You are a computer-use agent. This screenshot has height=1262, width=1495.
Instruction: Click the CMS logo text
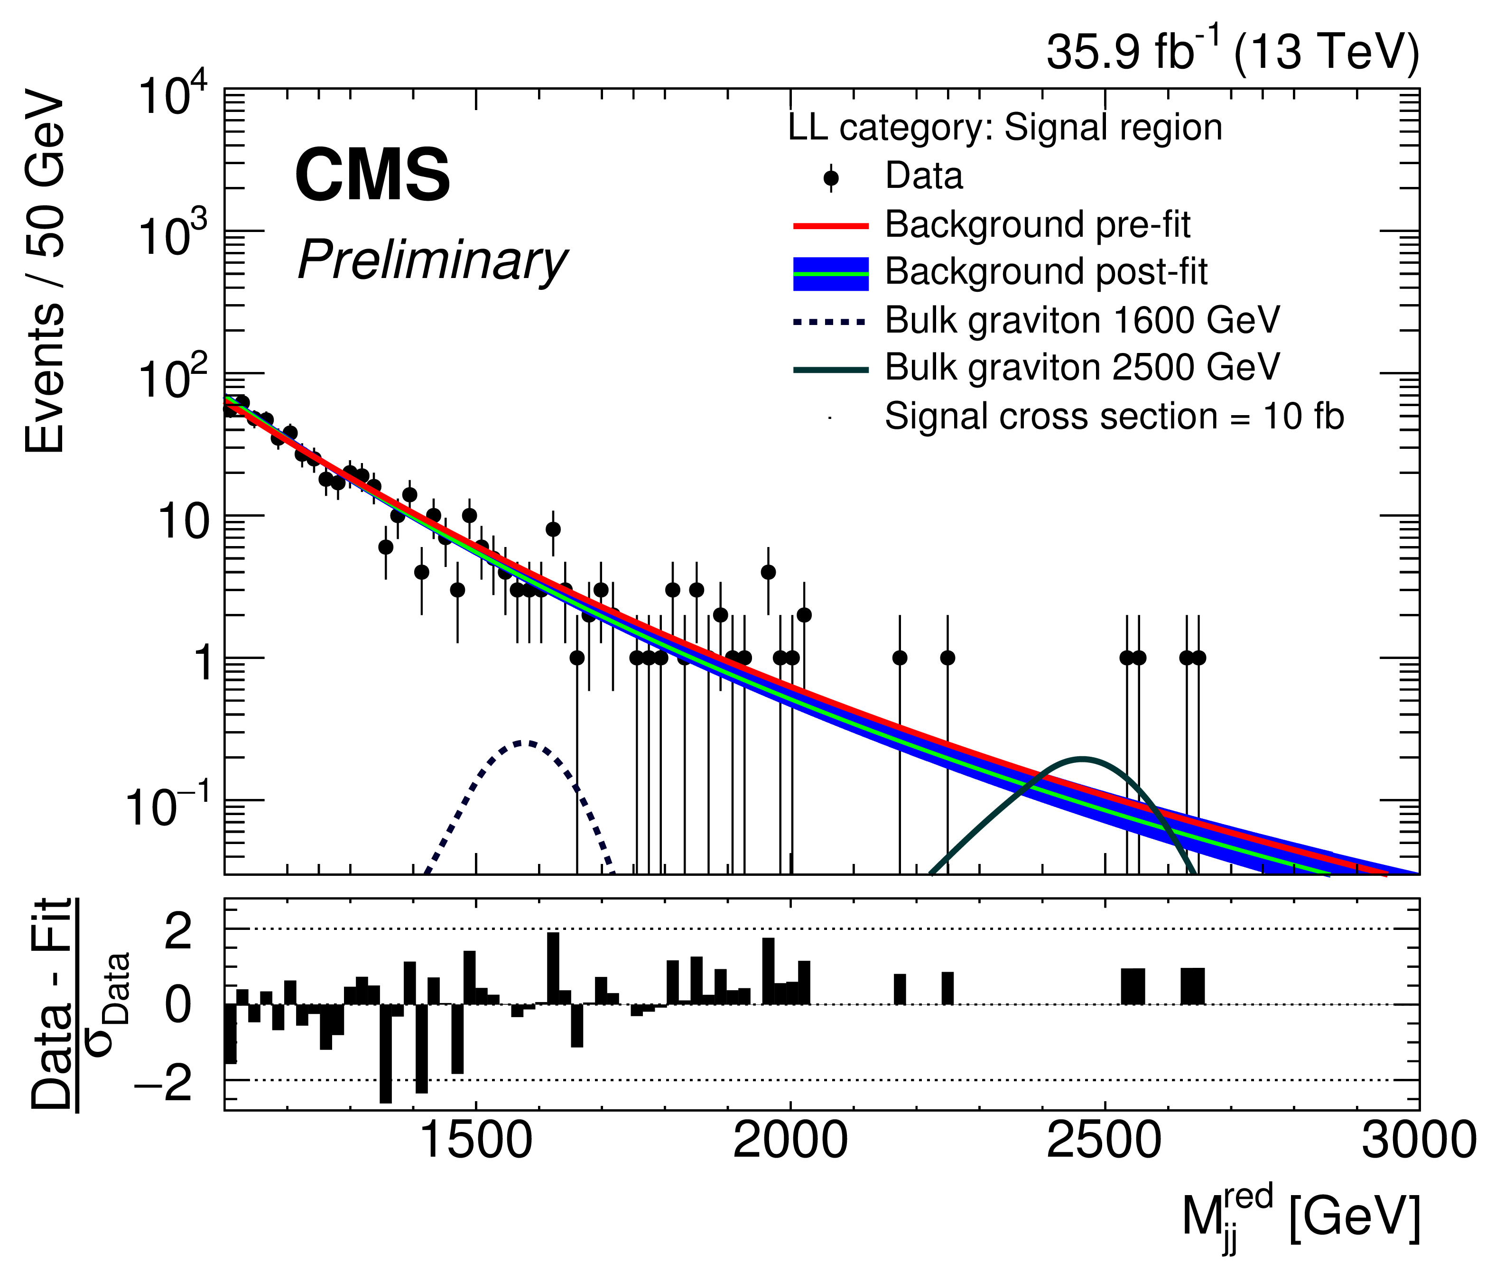click(x=372, y=175)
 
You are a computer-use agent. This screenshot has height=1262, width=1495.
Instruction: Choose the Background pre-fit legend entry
click(x=1037, y=224)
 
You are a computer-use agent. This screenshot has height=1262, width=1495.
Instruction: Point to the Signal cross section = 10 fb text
click(x=1114, y=417)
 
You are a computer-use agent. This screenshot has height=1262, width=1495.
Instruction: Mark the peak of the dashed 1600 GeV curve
click(x=526, y=742)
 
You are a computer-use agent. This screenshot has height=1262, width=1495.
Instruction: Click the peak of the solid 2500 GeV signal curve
click(x=1083, y=758)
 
